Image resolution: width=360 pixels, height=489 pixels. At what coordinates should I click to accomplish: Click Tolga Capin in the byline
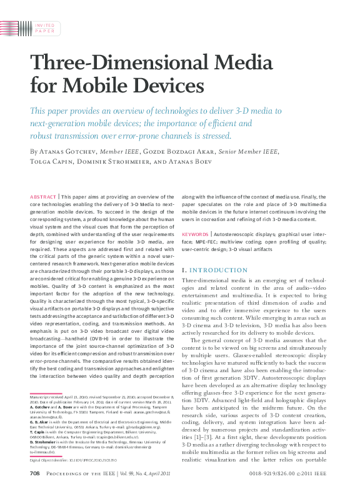point(51,161)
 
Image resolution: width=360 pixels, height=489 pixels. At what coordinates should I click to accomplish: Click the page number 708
point(35,474)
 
